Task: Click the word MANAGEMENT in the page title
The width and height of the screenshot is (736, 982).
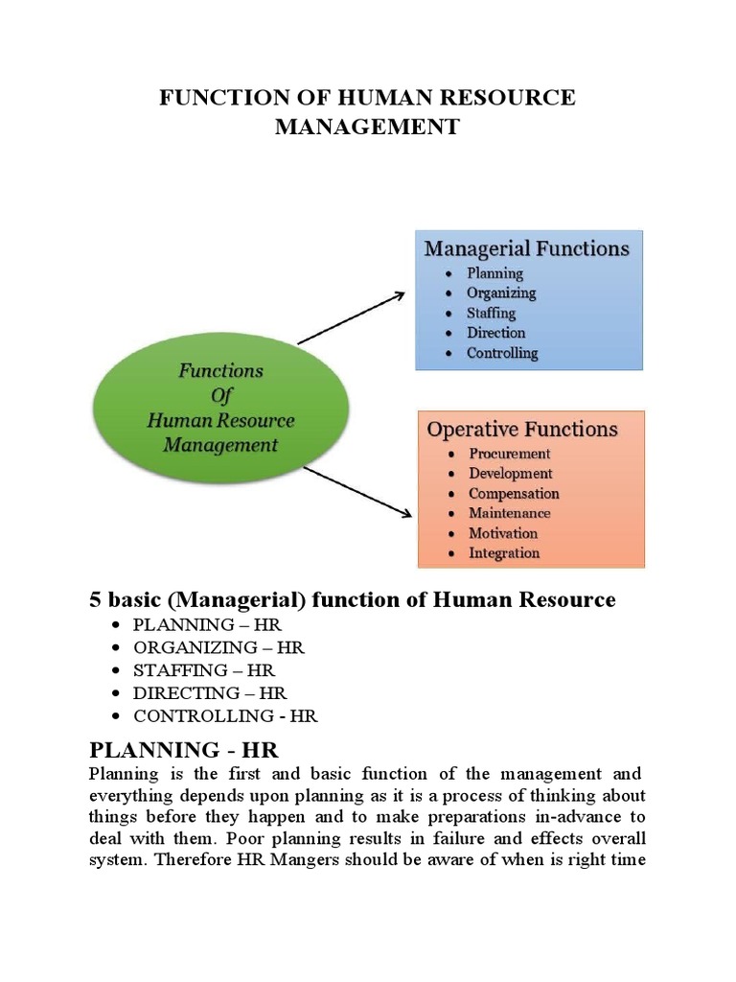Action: (367, 127)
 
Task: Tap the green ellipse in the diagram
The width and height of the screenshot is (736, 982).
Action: (220, 407)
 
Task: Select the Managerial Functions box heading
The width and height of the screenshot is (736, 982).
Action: (527, 249)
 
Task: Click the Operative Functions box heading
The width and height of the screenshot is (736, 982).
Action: (521, 429)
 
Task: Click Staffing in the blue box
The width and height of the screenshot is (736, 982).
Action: (491, 313)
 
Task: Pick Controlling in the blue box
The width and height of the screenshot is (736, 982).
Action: (502, 353)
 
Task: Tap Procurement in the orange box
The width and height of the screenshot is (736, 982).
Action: (509, 453)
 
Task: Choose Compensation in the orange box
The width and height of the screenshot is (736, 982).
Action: (514, 493)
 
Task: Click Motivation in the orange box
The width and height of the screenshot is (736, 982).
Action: (502, 533)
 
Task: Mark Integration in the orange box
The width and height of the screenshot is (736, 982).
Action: (503, 553)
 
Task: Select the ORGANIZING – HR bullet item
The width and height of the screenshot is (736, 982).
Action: (218, 647)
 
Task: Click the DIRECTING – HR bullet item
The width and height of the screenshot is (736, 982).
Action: (210, 692)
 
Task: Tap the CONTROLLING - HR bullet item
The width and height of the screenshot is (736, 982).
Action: (225, 715)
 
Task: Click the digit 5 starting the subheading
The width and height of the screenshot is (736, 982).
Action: (95, 600)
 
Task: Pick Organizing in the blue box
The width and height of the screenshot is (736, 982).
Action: (501, 292)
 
